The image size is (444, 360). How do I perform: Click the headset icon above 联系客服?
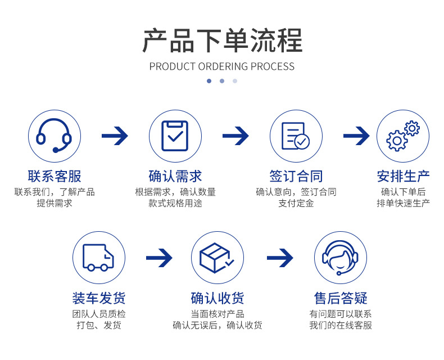(x=54, y=136)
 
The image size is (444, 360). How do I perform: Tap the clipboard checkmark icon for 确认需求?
(x=175, y=136)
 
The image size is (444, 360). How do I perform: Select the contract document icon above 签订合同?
(x=296, y=136)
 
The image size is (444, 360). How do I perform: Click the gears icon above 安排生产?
(x=403, y=136)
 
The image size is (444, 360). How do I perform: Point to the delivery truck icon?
(x=98, y=258)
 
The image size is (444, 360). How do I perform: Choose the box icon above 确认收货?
(x=217, y=258)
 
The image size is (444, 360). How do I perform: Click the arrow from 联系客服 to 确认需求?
(x=115, y=136)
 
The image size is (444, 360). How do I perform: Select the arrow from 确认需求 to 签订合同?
(x=235, y=136)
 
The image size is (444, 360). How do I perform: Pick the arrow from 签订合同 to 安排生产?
(x=356, y=136)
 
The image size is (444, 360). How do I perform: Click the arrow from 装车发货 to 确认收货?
(x=159, y=258)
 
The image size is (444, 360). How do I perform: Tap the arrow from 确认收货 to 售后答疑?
(x=280, y=258)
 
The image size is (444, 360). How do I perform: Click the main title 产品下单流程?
(x=222, y=40)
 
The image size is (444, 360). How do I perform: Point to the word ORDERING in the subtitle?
(x=223, y=66)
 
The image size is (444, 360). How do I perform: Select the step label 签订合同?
(x=296, y=177)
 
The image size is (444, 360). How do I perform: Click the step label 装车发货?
(x=98, y=298)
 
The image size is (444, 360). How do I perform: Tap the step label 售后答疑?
(x=340, y=298)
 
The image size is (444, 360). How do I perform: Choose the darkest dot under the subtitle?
(x=209, y=81)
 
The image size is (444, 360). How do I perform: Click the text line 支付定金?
(x=296, y=203)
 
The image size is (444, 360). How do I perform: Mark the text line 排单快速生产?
(x=403, y=203)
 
